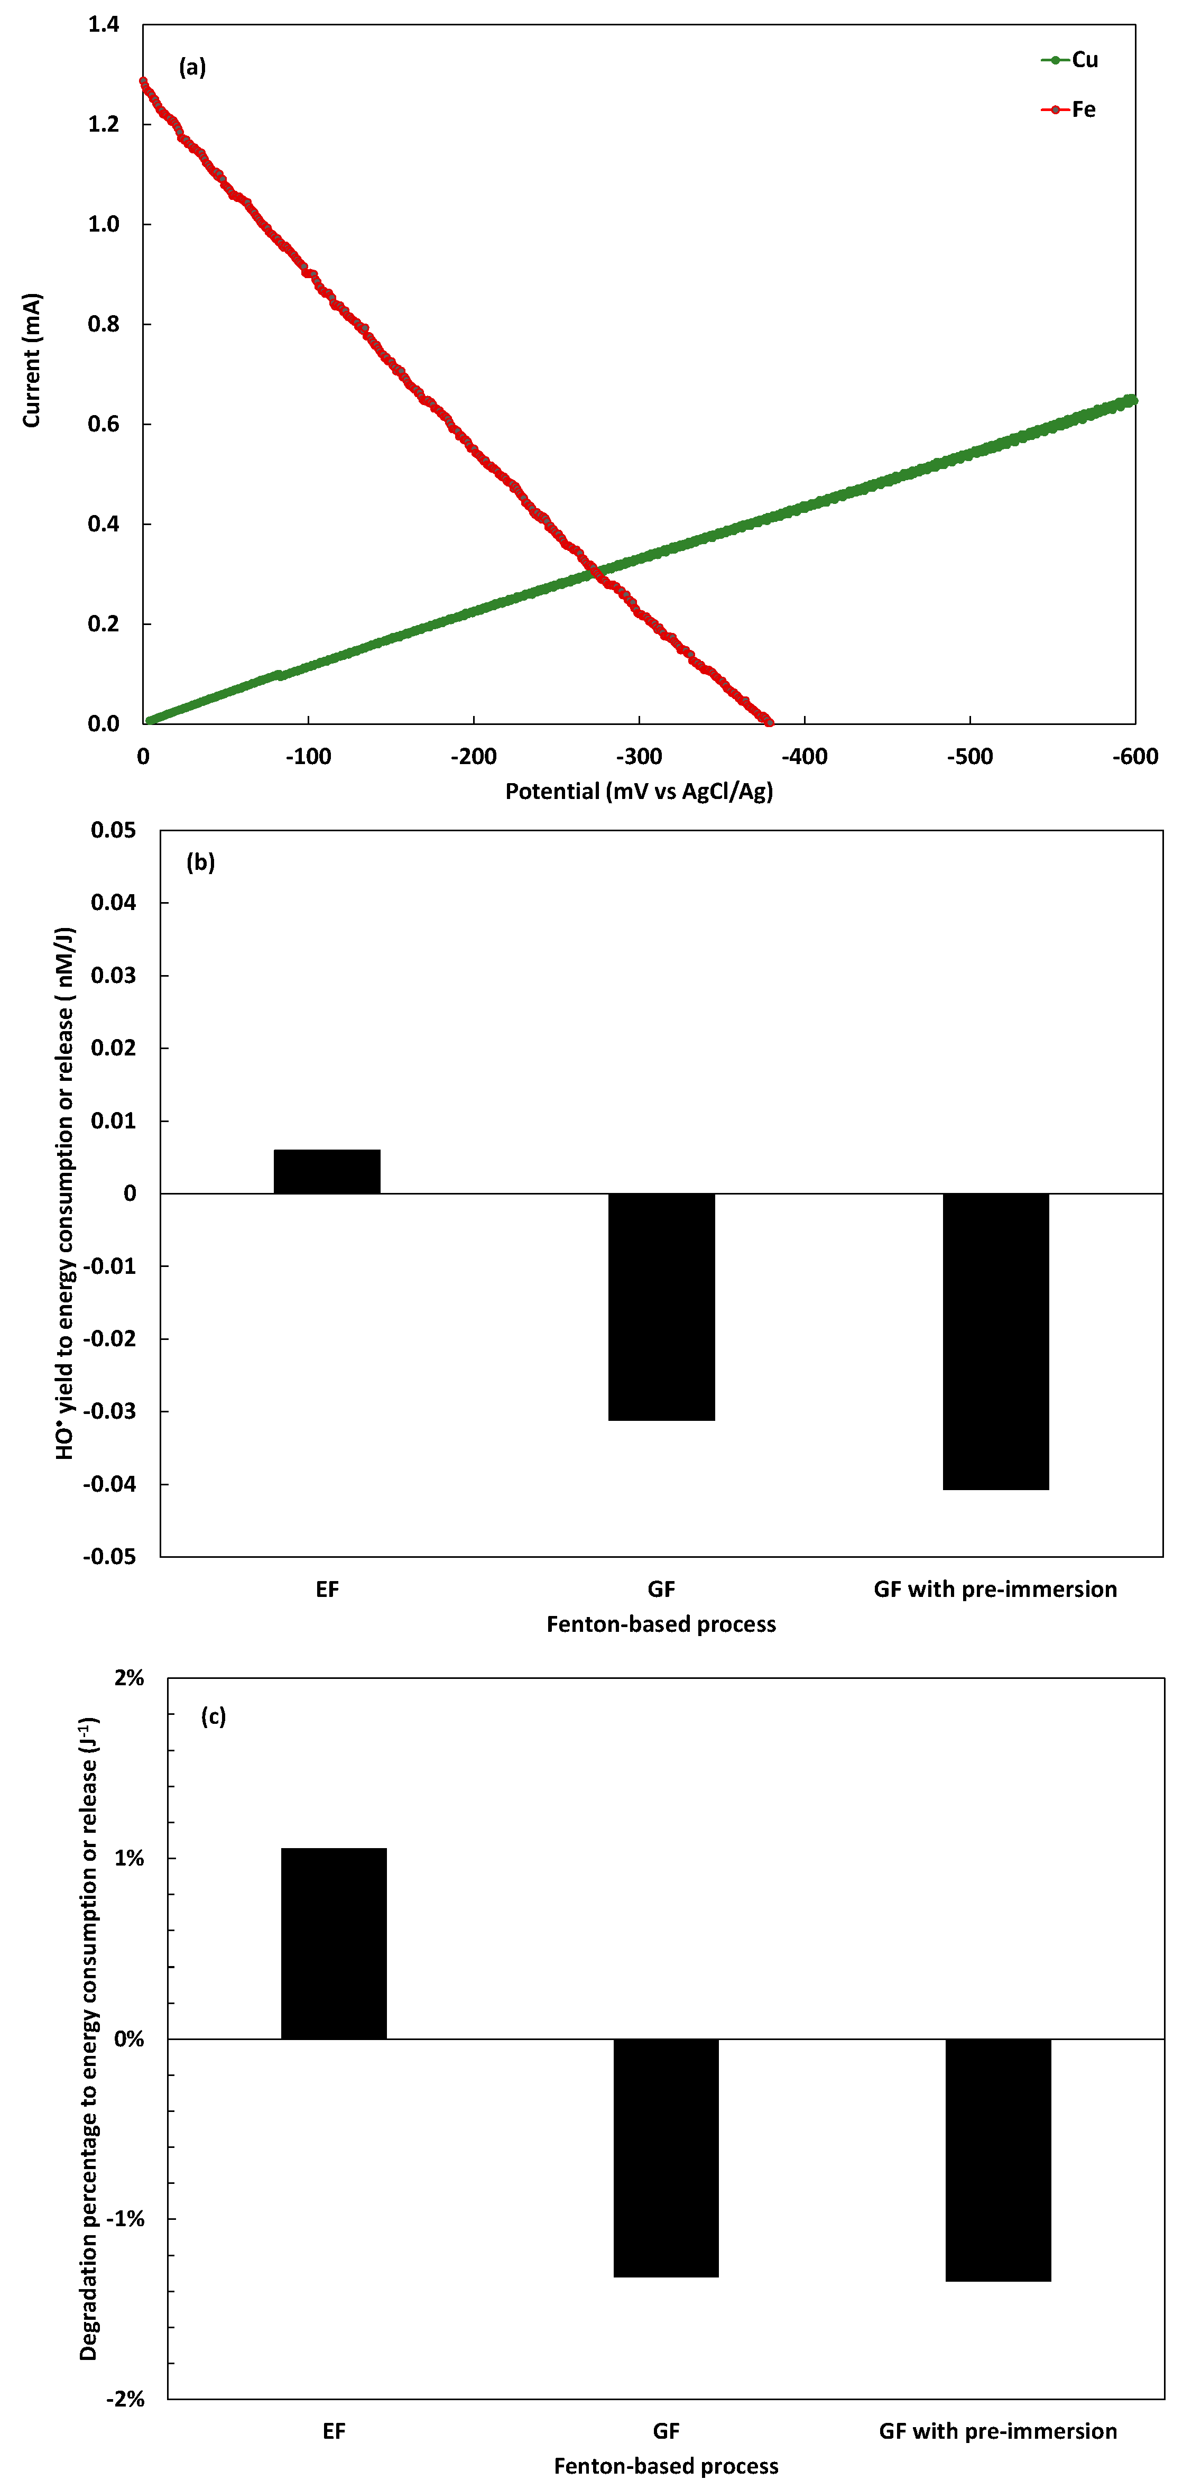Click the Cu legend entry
[x=1070, y=60]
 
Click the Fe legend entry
[x=1069, y=109]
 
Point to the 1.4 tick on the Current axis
[x=104, y=24]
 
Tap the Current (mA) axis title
[x=32, y=361]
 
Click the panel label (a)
[x=192, y=67]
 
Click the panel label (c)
[x=214, y=1716]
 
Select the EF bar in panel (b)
[x=327, y=1171]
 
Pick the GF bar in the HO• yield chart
[x=662, y=1306]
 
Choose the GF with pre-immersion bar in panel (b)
[x=996, y=1341]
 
